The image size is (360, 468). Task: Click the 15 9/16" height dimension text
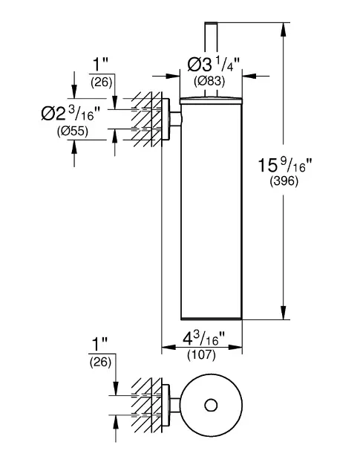click(x=284, y=165)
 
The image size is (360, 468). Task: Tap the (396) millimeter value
click(x=284, y=181)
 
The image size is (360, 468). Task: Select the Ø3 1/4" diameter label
click(x=214, y=64)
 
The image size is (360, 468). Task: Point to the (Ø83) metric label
click(x=209, y=81)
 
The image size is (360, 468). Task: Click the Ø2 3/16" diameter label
click(x=70, y=114)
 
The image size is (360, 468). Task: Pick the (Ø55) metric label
click(x=73, y=131)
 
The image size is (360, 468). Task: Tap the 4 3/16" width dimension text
click(x=203, y=339)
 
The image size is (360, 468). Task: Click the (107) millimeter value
click(x=201, y=355)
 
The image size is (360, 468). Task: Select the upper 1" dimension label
click(x=100, y=64)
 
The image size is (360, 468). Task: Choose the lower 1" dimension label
click(x=99, y=345)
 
